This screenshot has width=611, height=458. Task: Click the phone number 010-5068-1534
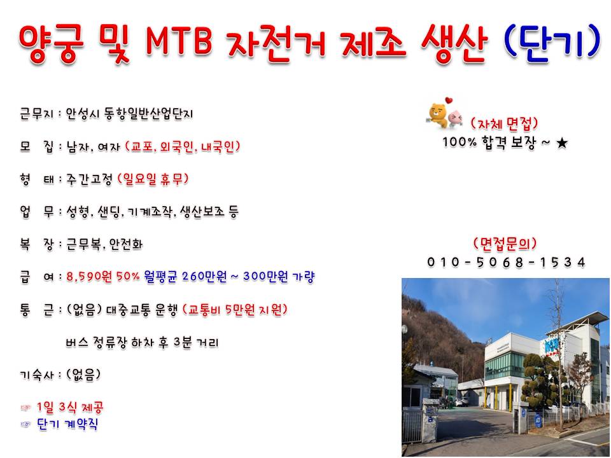[506, 262]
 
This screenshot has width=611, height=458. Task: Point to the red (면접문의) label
[505, 244]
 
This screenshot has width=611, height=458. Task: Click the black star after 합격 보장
[562, 143]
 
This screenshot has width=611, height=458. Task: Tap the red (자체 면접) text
[504, 124]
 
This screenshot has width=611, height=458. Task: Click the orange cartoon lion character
[438, 114]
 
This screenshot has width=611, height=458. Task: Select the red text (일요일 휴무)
[153, 179]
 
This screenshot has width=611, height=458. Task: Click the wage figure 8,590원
[89, 277]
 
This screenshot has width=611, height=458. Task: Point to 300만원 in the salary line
[266, 277]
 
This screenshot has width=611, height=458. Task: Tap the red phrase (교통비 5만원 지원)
[235, 310]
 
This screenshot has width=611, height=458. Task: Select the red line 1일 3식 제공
[70, 408]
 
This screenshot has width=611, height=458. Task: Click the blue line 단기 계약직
[67, 424]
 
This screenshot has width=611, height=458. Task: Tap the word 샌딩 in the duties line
[111, 212]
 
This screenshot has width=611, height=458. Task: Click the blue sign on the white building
[549, 344]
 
